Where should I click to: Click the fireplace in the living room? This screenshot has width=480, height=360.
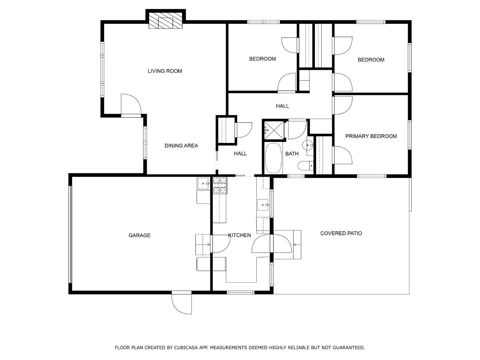click(166, 21)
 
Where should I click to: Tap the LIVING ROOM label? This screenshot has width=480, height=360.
click(165, 71)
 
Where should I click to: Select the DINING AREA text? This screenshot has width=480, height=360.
click(181, 146)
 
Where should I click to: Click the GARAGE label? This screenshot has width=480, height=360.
click(139, 235)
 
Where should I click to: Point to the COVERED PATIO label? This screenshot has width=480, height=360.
click(341, 233)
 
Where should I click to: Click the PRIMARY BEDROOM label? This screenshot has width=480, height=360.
click(371, 136)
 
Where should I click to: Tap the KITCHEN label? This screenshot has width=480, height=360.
click(239, 235)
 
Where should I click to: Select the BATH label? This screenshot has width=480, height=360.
click(292, 154)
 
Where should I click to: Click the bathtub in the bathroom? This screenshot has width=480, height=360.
click(273, 158)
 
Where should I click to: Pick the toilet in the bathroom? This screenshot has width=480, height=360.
click(305, 165)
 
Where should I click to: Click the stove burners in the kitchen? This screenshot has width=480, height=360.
click(220, 186)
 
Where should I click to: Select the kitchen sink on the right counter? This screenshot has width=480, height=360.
click(263, 205)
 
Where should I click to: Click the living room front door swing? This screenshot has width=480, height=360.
click(131, 105)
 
